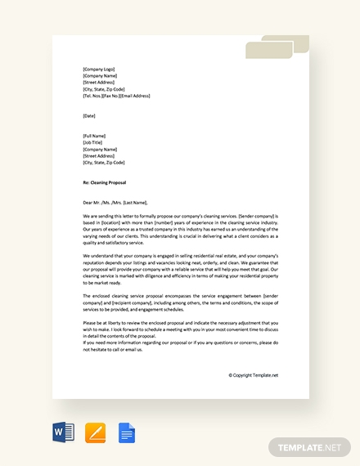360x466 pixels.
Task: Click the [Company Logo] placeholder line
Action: tap(99, 69)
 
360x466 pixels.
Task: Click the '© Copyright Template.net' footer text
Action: tap(253, 375)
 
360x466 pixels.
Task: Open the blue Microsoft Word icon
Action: tap(63, 432)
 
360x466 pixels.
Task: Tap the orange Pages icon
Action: tap(95, 432)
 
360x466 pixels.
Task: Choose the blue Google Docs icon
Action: tap(126, 432)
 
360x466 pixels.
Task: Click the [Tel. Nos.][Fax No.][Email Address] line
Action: tap(116, 96)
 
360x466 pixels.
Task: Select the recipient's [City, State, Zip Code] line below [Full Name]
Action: tap(104, 162)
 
